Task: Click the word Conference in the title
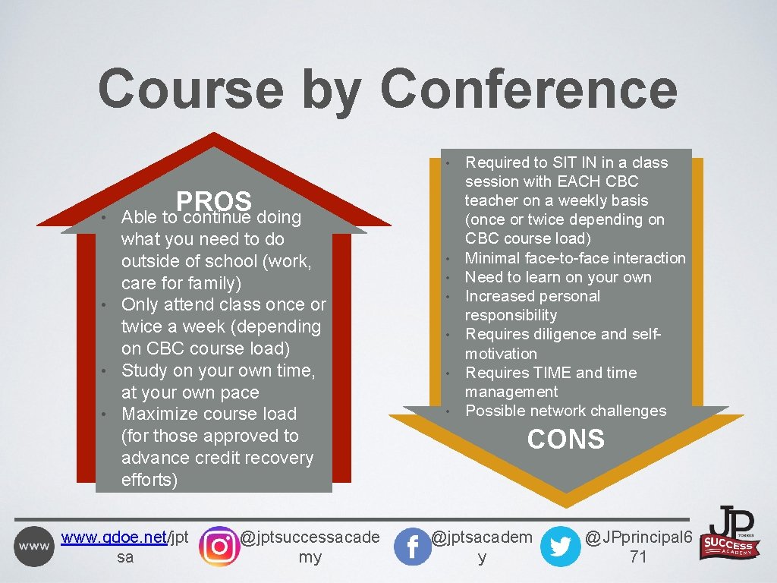pyautogui.click(x=529, y=89)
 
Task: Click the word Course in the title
pyautogui.click(x=191, y=89)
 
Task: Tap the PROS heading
pyautogui.click(x=213, y=201)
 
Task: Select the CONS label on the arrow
pyautogui.click(x=565, y=440)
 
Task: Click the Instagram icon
pyautogui.click(x=219, y=546)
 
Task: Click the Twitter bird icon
pyautogui.click(x=560, y=547)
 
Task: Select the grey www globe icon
pyautogui.click(x=34, y=547)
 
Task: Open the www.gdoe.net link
pyautogui.click(x=114, y=537)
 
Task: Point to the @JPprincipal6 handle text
pyautogui.click(x=638, y=537)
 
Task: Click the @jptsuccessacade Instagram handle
pyautogui.click(x=310, y=537)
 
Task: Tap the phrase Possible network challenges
pyautogui.click(x=565, y=411)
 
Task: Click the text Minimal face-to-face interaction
pyautogui.click(x=574, y=258)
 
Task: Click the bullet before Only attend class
pyautogui.click(x=110, y=306)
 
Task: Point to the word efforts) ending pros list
pyautogui.click(x=149, y=480)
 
